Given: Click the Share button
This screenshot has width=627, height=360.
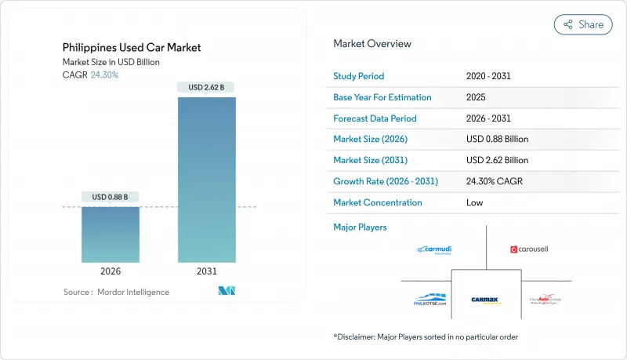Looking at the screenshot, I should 583,24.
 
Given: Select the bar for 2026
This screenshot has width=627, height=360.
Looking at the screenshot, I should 111,235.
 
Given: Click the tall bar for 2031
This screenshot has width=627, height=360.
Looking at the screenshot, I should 208,180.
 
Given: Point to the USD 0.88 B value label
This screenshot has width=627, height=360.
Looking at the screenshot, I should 111,196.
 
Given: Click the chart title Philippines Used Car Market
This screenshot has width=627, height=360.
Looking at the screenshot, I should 131,48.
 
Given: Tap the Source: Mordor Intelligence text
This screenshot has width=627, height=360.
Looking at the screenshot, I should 116,292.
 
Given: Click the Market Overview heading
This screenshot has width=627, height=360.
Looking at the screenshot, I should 372,44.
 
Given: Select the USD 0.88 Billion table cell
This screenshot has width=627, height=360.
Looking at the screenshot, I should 497,139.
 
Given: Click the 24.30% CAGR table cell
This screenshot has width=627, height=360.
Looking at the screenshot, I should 494,181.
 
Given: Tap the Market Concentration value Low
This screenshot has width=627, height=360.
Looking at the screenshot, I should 475,202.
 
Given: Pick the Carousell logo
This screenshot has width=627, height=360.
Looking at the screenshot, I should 531,249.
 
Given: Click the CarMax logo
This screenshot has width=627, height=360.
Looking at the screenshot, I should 486,300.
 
